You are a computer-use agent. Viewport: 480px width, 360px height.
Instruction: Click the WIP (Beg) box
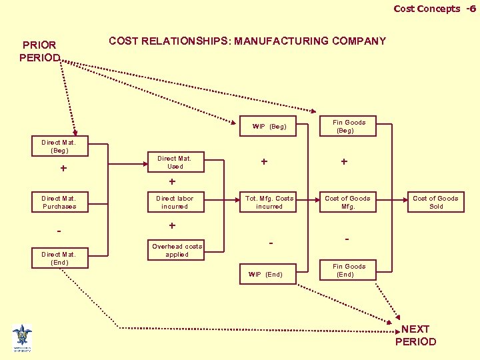coord(269,127)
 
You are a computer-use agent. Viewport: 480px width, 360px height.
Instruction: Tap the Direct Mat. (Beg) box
coord(59,147)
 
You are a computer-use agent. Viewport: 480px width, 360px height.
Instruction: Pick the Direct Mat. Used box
coord(174,163)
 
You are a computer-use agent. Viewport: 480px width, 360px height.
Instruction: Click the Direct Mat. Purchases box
coord(59,203)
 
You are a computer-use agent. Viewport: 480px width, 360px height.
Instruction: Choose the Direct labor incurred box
coord(174,203)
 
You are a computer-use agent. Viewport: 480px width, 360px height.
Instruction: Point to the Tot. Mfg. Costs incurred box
coord(269,203)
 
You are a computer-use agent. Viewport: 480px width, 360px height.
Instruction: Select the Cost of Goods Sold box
coord(435,203)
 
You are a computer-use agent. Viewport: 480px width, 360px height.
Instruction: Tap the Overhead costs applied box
coord(177,251)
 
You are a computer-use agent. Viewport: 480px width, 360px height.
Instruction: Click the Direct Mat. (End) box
coord(59,259)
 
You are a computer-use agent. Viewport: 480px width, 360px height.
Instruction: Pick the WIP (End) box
coord(265,275)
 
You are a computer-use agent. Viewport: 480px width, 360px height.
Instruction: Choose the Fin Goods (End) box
coord(349,271)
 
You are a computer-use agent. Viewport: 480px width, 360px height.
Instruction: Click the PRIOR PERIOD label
coord(40,51)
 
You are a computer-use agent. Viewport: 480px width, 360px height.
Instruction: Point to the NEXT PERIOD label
coord(415,335)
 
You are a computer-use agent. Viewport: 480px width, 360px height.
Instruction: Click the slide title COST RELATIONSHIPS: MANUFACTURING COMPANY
coord(247,41)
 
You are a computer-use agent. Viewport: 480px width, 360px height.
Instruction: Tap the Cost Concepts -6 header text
coord(434,9)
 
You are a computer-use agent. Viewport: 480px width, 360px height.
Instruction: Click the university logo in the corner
coord(22,337)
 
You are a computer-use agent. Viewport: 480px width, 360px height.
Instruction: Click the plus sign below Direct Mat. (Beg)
coord(63,169)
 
